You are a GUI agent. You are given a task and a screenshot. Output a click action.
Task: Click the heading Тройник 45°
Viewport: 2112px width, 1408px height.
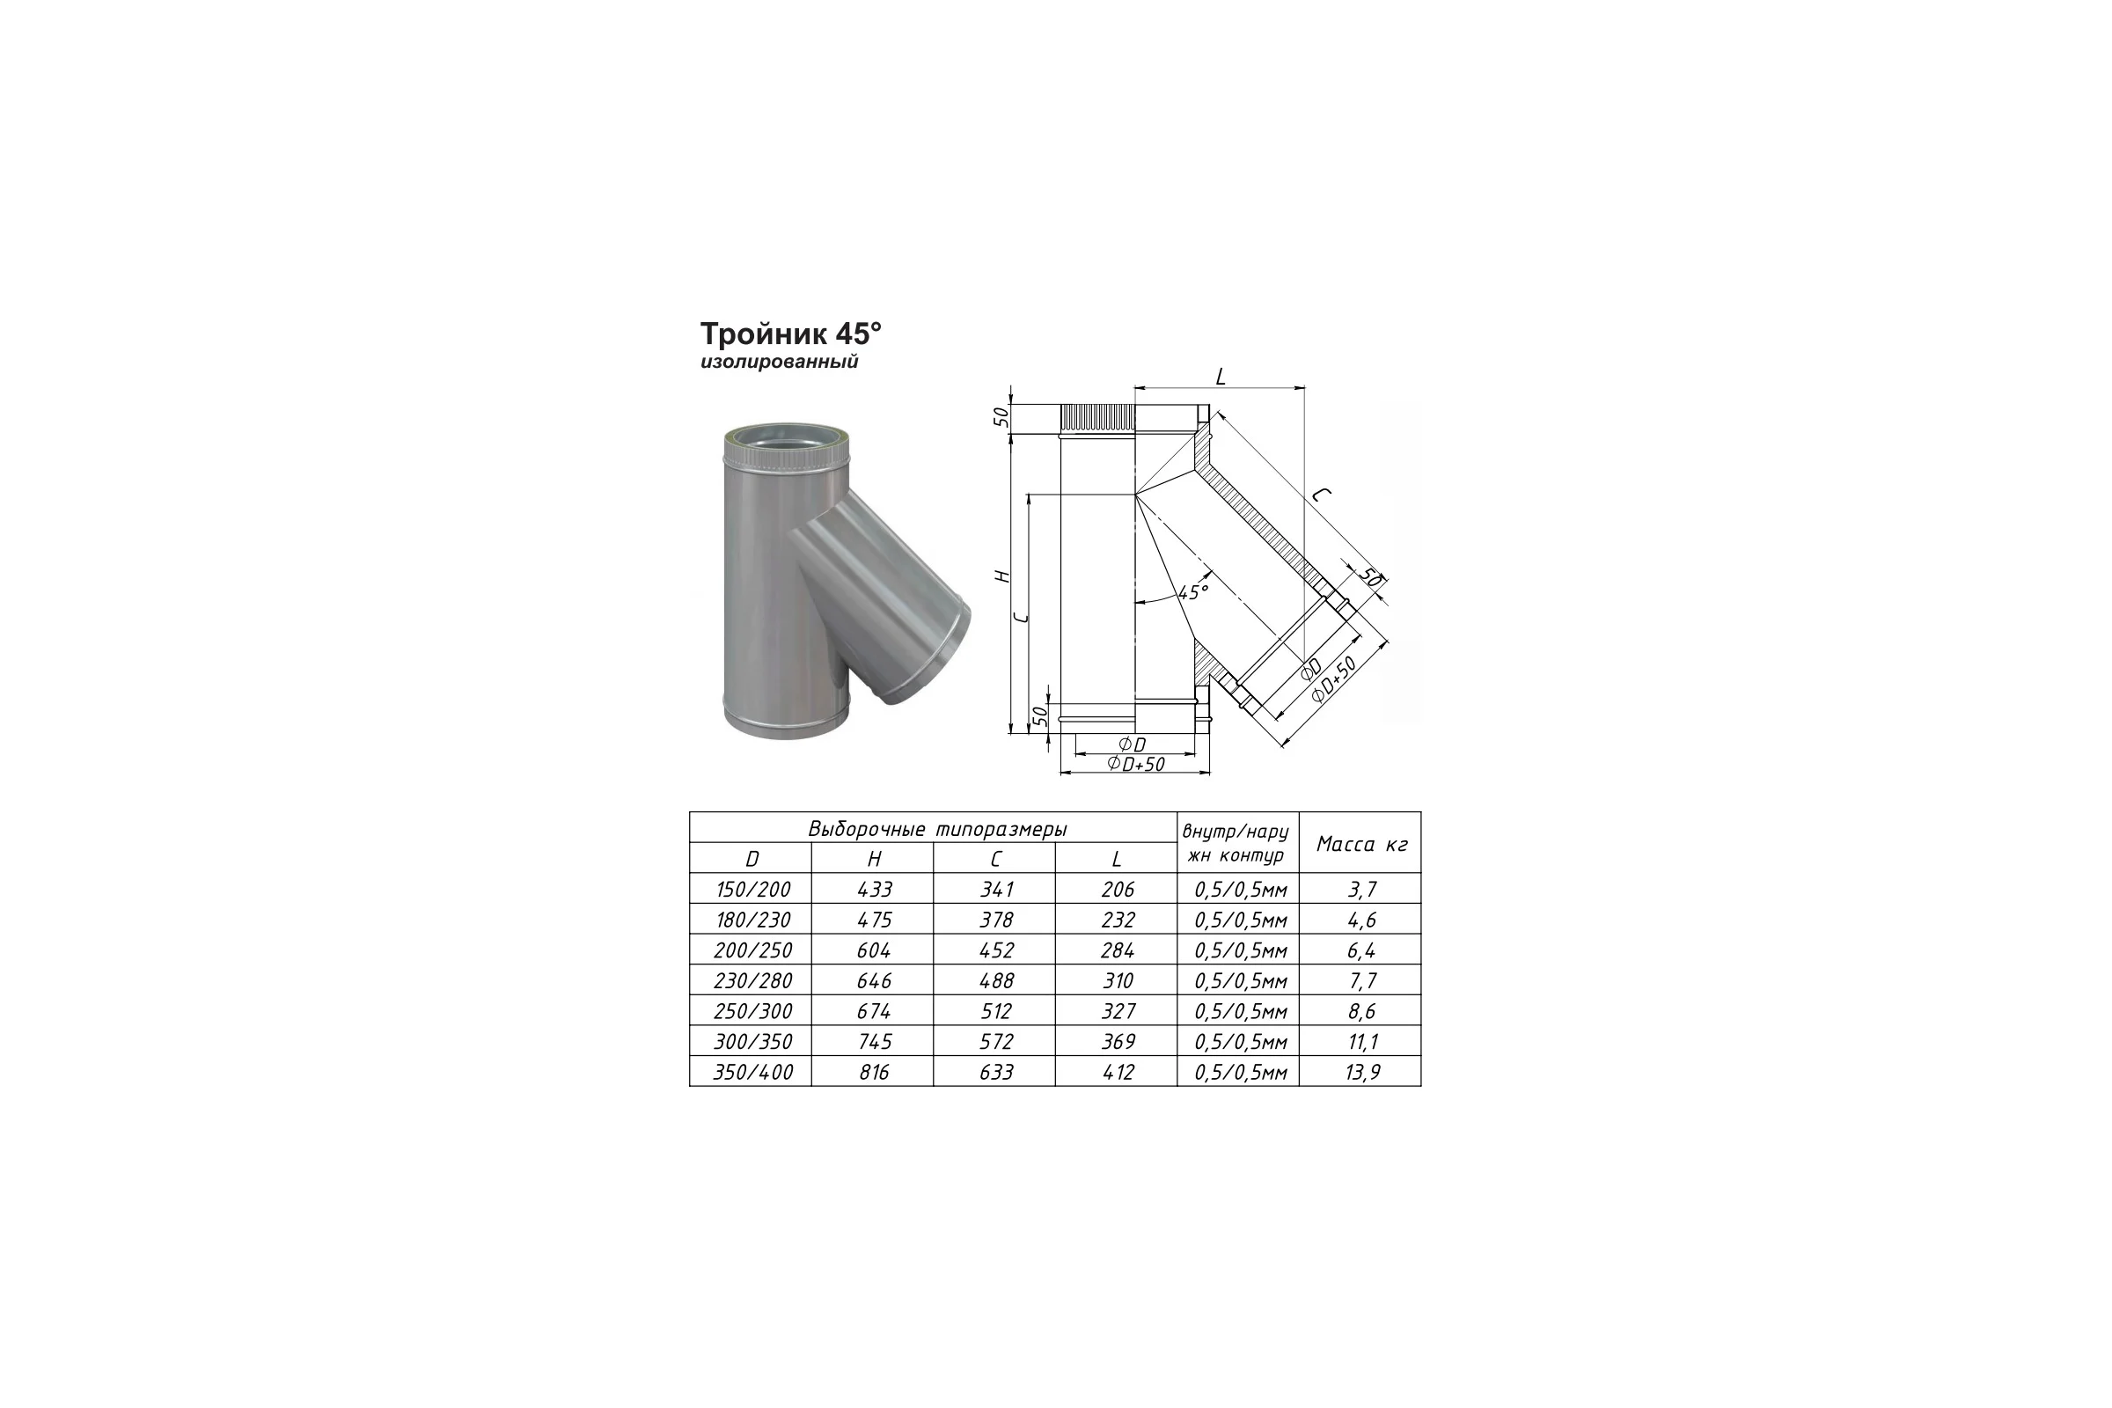(790, 334)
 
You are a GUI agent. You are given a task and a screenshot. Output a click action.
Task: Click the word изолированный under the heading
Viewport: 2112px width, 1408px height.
(780, 362)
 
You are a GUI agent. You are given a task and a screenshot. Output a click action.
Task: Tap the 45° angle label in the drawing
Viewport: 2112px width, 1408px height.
(1193, 591)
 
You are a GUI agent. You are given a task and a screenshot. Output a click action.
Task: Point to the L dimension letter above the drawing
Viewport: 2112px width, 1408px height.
(1220, 378)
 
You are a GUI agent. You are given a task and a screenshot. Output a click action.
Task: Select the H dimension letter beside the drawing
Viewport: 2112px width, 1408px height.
(1005, 576)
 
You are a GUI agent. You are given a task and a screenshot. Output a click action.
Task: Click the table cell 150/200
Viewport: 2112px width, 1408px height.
(753, 889)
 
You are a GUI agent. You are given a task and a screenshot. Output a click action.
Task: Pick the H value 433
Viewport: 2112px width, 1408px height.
(875, 889)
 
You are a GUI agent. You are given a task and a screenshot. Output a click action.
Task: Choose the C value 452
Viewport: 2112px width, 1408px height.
(997, 950)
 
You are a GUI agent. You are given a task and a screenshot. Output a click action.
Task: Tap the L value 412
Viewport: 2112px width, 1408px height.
(1118, 1072)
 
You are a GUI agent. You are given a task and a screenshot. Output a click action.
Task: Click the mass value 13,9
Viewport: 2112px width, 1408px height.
(1362, 1072)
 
